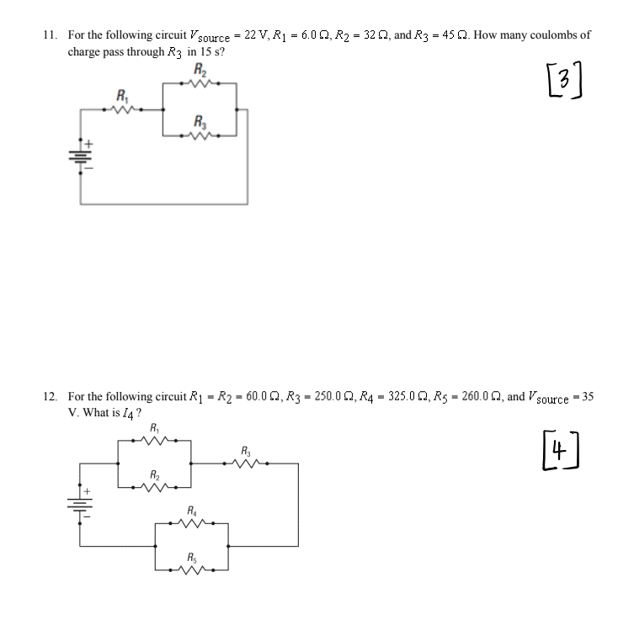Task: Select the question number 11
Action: [x=50, y=36]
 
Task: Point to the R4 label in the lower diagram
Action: [x=192, y=510]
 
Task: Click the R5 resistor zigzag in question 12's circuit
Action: [x=192, y=569]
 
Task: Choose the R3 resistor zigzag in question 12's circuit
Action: [x=246, y=461]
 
